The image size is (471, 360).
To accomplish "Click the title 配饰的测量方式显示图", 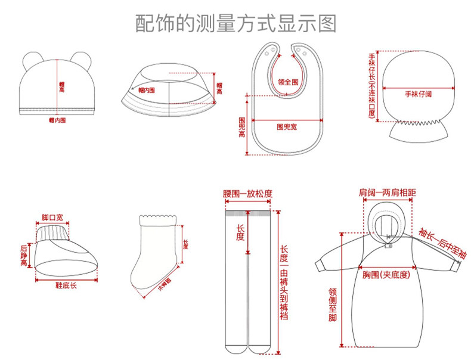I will pyautogui.click(x=235, y=23).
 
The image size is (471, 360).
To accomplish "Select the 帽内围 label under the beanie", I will pyautogui.click(x=57, y=120).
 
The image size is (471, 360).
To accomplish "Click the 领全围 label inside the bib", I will pyautogui.click(x=288, y=82).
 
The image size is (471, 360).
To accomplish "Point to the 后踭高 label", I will pyautogui.click(x=24, y=255).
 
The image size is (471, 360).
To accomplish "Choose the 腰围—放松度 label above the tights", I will pyautogui.click(x=247, y=194).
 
